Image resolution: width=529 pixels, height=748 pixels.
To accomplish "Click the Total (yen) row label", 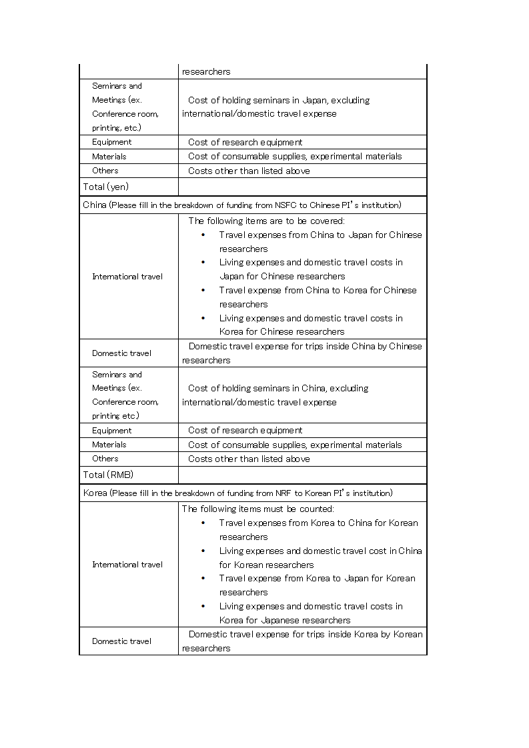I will pyautogui.click(x=105, y=187).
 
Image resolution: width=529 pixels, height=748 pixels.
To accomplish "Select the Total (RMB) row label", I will pyautogui.click(x=107, y=475).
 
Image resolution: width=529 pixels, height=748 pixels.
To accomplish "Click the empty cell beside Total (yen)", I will pyautogui.click(x=302, y=187).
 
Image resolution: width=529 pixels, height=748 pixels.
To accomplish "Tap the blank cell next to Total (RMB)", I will pyautogui.click(x=302, y=475).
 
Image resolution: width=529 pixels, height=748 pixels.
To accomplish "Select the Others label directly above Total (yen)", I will pyautogui.click(x=105, y=171).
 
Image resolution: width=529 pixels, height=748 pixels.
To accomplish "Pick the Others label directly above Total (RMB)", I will pyautogui.click(x=105, y=459).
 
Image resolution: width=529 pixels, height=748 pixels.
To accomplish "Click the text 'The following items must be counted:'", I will pyautogui.click(x=257, y=509).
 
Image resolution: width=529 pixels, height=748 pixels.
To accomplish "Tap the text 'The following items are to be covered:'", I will pyautogui.click(x=267, y=221).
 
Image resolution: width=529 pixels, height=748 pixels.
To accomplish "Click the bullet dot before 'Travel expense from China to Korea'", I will pyautogui.click(x=203, y=290).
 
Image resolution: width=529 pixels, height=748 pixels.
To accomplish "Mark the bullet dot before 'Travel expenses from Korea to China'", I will pyautogui.click(x=203, y=523).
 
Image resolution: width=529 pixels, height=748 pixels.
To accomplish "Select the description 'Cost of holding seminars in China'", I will pyautogui.click(x=278, y=388).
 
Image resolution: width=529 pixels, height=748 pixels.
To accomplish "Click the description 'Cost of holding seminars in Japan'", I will pyautogui.click(x=279, y=100).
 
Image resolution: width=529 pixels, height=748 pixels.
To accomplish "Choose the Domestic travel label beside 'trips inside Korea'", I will pyautogui.click(x=121, y=641).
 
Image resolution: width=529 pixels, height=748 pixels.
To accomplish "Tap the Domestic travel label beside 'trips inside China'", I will pyautogui.click(x=121, y=353).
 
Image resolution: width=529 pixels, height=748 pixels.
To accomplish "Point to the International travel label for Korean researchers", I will pyautogui.click(x=127, y=565).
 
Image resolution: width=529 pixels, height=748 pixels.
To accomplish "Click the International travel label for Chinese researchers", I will pyautogui.click(x=127, y=277).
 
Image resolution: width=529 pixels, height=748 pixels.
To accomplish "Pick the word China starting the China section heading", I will pyautogui.click(x=95, y=205).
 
